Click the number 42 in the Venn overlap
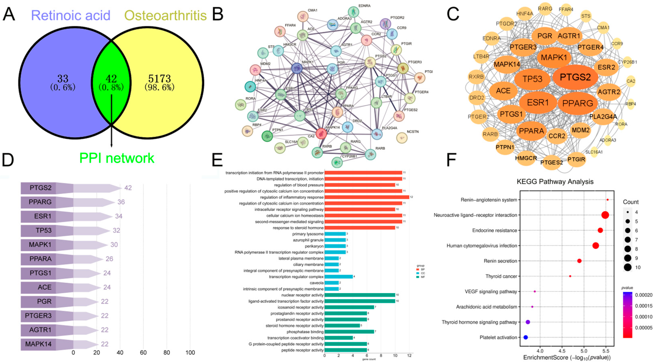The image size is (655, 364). pyautogui.click(x=111, y=79)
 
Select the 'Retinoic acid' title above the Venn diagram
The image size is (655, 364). pyautogui.click(x=71, y=15)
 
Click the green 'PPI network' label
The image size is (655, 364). pyautogui.click(x=117, y=158)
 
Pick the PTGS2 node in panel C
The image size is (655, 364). pyautogui.click(x=575, y=77)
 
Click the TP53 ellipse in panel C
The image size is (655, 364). pyautogui.click(x=532, y=79)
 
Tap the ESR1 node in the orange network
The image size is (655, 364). pyautogui.click(x=538, y=102)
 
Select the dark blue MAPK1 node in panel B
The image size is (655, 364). pyautogui.click(x=296, y=68)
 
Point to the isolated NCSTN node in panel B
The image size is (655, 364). pyautogui.click(x=402, y=138)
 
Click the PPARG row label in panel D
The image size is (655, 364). pyautogui.click(x=40, y=202)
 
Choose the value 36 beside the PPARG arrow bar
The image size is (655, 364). pyautogui.click(x=121, y=202)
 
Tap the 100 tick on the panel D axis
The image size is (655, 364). pyautogui.click(x=190, y=353)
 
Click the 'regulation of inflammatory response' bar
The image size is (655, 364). pyautogui.click(x=367, y=197)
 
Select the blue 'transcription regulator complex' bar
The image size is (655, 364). pyautogui.click(x=338, y=277)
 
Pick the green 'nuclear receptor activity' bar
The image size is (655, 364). pyautogui.click(x=360, y=295)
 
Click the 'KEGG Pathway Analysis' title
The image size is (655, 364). pyautogui.click(x=555, y=182)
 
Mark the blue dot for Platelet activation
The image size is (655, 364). pyautogui.click(x=526, y=337)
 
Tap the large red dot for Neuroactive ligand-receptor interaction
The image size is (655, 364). pyautogui.click(x=605, y=215)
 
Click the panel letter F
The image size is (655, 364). pyautogui.click(x=451, y=160)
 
